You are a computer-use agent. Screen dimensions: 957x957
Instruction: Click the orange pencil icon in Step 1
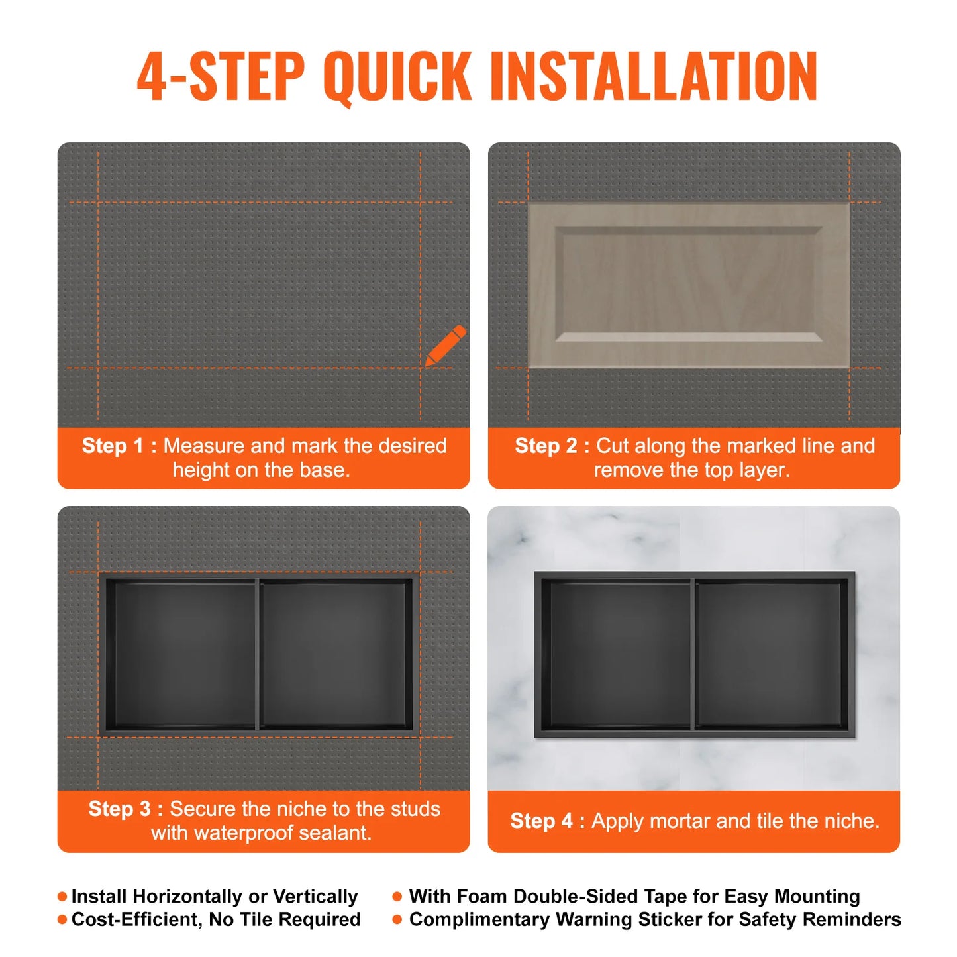(445, 345)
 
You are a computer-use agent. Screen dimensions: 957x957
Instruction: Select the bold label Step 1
(112, 446)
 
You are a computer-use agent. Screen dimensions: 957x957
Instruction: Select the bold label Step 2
(546, 446)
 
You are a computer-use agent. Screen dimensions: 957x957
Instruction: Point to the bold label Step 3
(119, 809)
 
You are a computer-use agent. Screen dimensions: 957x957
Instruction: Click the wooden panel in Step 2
(689, 285)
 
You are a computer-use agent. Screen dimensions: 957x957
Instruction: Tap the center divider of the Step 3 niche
(257, 654)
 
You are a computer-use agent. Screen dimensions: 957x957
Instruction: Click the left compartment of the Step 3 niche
(180, 654)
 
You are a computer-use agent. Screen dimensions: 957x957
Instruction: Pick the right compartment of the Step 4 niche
(770, 654)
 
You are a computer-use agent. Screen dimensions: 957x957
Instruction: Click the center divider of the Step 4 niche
(693, 654)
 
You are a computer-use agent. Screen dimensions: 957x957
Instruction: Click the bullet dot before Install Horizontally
(62, 897)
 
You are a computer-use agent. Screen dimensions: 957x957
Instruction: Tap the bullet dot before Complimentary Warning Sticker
(397, 919)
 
